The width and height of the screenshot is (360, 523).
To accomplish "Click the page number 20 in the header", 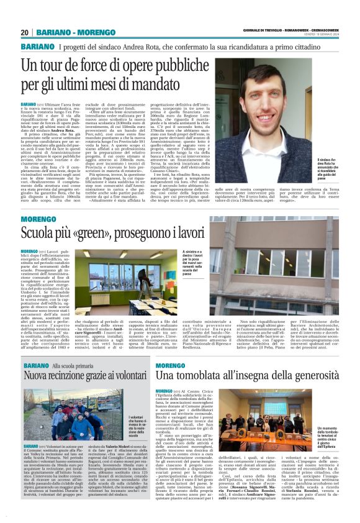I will (x=25, y=32).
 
